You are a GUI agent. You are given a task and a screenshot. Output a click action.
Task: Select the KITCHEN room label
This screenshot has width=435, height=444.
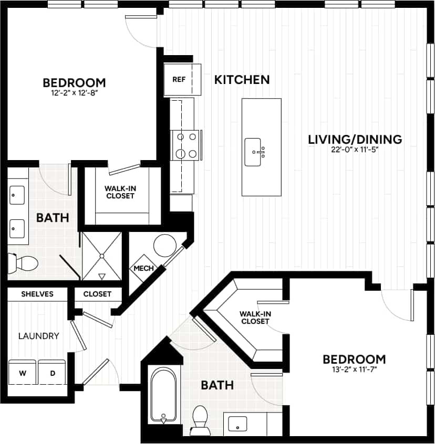[242, 80]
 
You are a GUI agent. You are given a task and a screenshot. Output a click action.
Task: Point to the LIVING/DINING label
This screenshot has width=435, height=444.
[355, 140]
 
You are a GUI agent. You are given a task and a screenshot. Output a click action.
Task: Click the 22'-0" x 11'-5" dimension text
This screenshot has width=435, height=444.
[355, 150]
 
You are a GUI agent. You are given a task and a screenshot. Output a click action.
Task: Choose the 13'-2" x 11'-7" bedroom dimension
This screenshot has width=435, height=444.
[354, 369]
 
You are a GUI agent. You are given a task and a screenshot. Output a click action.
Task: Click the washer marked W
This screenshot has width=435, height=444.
[22, 373]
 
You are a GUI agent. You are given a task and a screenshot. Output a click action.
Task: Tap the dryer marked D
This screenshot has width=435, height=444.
[51, 373]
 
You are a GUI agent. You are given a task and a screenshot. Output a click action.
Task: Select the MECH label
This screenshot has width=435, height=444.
[143, 268]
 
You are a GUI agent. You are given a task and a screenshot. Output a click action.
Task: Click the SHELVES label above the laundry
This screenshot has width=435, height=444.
[37, 294]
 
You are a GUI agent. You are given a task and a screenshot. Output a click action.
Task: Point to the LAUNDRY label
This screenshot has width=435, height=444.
[38, 336]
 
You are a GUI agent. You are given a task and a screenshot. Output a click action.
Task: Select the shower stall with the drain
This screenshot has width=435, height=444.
[102, 256]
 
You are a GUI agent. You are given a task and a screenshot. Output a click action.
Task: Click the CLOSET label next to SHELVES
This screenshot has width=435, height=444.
[97, 294]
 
